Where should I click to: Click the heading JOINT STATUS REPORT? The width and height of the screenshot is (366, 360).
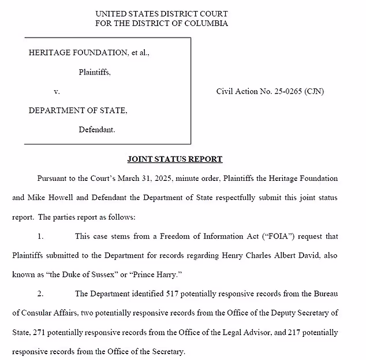click(174, 159)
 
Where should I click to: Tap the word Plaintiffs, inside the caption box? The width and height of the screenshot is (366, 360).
click(95, 72)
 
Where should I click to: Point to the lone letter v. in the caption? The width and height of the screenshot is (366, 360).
click(57, 91)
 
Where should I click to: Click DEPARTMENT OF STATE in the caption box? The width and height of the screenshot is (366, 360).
click(78, 110)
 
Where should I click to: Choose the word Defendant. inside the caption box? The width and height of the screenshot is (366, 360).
click(96, 129)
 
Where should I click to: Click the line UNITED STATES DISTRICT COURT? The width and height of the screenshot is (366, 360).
click(161, 13)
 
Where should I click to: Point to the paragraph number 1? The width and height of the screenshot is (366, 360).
click(40, 236)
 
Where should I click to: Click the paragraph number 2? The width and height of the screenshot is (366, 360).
click(40, 294)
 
